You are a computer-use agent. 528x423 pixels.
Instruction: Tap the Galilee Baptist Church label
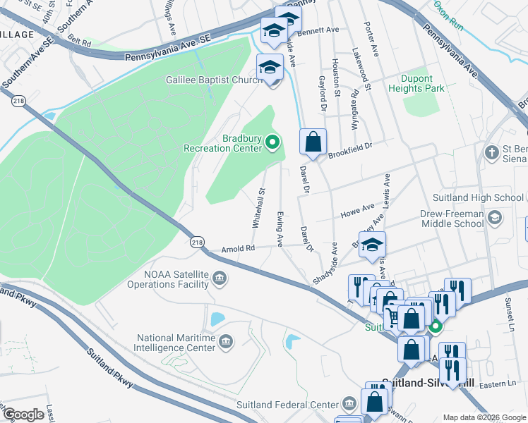[215, 80]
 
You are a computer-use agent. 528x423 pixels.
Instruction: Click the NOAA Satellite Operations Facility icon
[220, 279]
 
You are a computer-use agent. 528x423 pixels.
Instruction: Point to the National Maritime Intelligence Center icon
[226, 343]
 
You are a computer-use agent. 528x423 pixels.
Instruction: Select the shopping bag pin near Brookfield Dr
[313, 141]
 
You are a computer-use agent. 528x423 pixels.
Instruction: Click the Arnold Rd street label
[238, 248]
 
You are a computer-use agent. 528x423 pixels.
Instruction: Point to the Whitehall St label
[258, 207]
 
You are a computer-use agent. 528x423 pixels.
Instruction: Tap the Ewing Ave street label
[280, 229]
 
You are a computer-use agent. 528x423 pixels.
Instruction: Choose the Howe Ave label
[358, 209]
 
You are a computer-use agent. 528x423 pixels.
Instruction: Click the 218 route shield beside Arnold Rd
[197, 242]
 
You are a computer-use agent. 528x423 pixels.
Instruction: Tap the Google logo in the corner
[24, 415]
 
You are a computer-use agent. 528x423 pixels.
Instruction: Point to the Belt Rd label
[81, 43]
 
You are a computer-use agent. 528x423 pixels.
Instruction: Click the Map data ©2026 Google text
[484, 417]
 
